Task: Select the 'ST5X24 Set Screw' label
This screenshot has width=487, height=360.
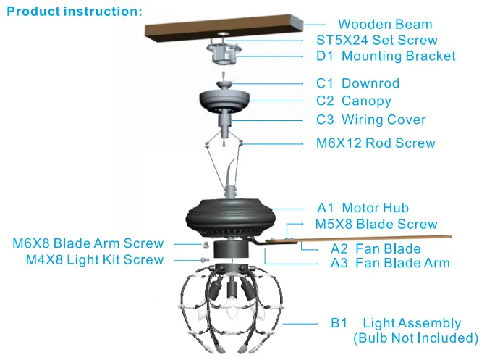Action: point(377,41)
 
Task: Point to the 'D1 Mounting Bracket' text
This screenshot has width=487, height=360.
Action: point(386,56)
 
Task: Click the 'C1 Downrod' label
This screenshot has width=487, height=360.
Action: point(357,83)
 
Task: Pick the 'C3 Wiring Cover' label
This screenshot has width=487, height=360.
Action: point(371,120)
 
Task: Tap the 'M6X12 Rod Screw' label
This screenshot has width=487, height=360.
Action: point(376,143)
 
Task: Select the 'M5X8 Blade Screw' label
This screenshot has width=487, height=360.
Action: point(376,225)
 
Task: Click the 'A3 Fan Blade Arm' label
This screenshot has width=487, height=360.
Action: point(390,263)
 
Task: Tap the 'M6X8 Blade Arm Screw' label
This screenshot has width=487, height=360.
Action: point(88,243)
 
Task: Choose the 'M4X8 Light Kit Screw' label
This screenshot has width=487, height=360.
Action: point(95,259)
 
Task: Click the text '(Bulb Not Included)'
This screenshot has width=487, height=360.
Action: point(415,338)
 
